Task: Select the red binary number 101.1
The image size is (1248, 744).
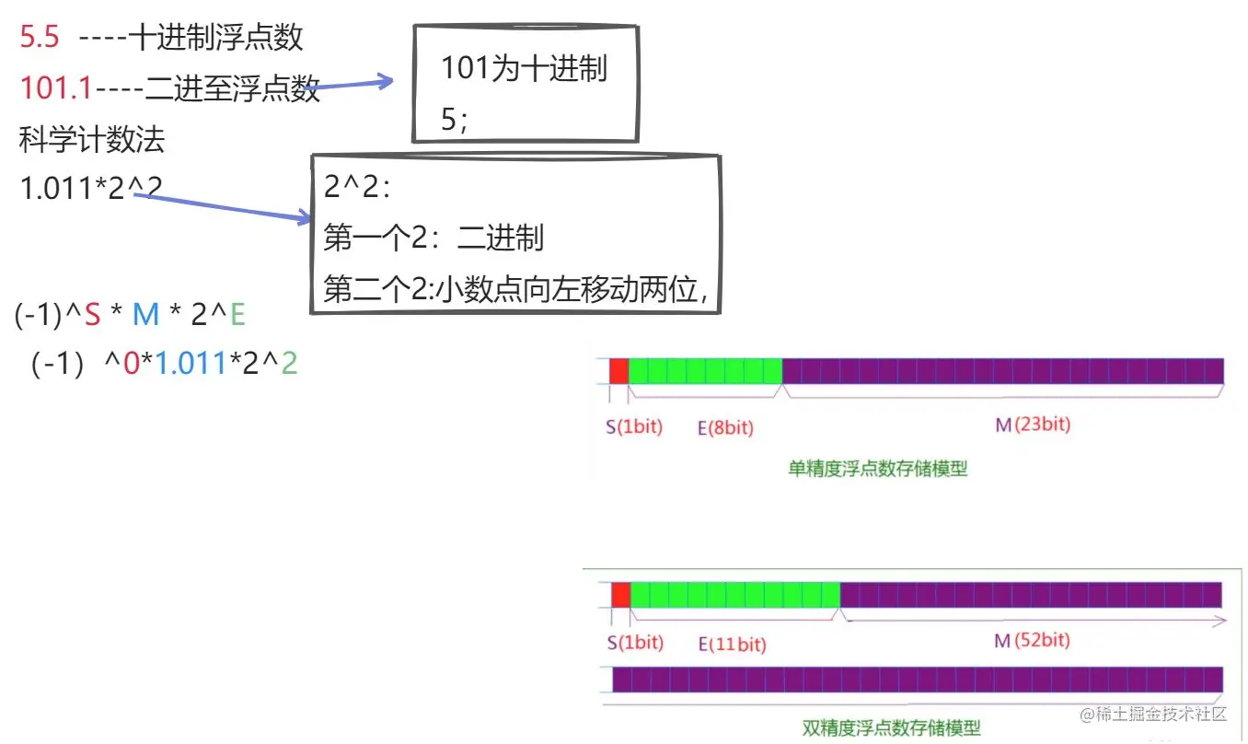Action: pos(56,88)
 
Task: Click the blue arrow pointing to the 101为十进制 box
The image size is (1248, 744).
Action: pos(350,86)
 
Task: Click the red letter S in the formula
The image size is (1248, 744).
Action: pos(92,315)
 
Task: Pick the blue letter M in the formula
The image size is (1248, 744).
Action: pos(145,315)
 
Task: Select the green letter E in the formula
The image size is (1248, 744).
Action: pos(237,315)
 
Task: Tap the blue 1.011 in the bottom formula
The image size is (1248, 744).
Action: pos(191,365)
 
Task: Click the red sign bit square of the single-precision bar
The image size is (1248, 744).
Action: pos(618,370)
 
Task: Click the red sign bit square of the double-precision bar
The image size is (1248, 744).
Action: pos(621,595)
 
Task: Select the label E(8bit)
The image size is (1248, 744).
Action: pos(725,427)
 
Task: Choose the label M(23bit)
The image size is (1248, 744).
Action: pos(1033,424)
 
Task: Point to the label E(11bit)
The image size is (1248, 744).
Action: pos(732,644)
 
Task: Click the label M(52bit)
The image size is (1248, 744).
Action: pos(1033,641)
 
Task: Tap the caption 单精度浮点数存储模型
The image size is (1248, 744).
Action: pos(878,469)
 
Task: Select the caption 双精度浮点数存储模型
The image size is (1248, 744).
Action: pos(891,728)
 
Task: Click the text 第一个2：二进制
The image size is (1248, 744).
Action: pos(433,238)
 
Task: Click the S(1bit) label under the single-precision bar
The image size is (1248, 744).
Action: pos(634,427)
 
